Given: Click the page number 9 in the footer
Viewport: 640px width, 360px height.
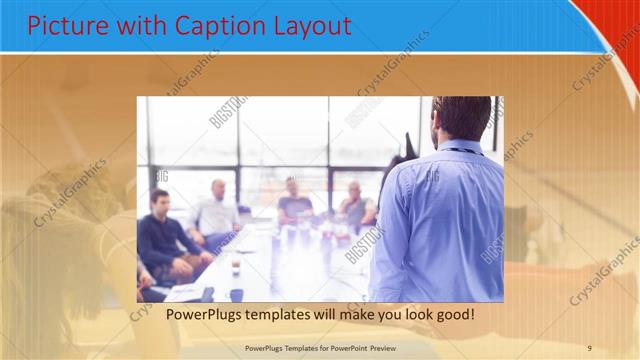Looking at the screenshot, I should click(x=590, y=348).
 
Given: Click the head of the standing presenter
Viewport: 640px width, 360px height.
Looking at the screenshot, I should click(x=461, y=118).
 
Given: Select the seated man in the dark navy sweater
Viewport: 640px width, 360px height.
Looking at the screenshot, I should click(x=161, y=240).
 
